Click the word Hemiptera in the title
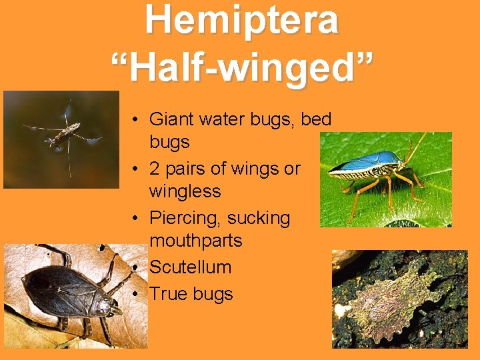pos(242,20)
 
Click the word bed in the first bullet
pos(317,119)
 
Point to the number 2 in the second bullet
pos(155,169)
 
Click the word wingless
pos(185,191)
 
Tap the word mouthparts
pos(196,240)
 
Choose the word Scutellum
pos(190,267)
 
